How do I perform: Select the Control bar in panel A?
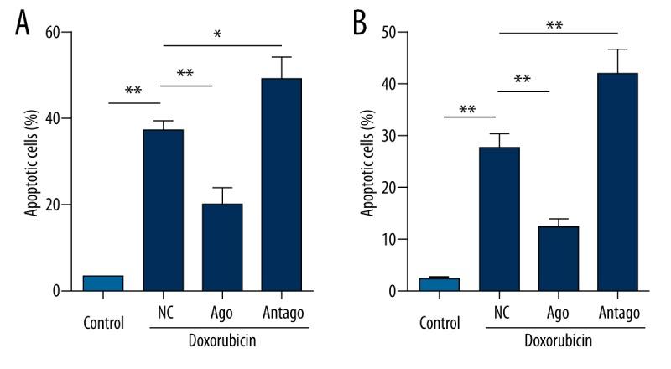click(x=103, y=283)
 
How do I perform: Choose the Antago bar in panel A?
click(x=282, y=184)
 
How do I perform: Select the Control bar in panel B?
click(x=439, y=284)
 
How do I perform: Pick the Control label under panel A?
click(x=103, y=322)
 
